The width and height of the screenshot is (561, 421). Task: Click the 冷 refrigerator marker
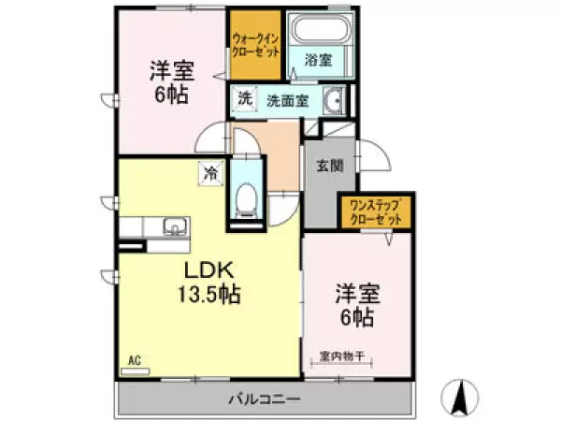[211, 172]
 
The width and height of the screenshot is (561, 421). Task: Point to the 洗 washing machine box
[244, 97]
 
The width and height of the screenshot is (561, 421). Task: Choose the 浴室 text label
[318, 61]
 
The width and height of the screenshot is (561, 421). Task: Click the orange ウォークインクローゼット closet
[254, 46]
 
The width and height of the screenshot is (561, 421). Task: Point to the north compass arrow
[458, 398]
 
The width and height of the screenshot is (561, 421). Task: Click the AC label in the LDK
[135, 358]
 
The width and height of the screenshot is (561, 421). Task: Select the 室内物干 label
[342, 356]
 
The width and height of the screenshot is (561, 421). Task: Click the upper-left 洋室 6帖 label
[168, 81]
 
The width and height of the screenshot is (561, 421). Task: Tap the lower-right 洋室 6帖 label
[355, 306]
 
